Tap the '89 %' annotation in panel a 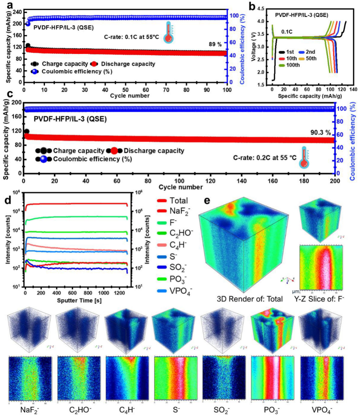click(x=215, y=44)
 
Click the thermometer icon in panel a click(x=169, y=33)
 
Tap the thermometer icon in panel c click(x=304, y=158)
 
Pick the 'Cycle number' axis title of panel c click(x=180, y=187)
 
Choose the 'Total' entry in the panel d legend click(x=179, y=201)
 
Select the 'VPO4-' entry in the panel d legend click(x=181, y=291)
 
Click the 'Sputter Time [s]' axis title click(x=79, y=301)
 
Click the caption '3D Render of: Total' click(x=249, y=299)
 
